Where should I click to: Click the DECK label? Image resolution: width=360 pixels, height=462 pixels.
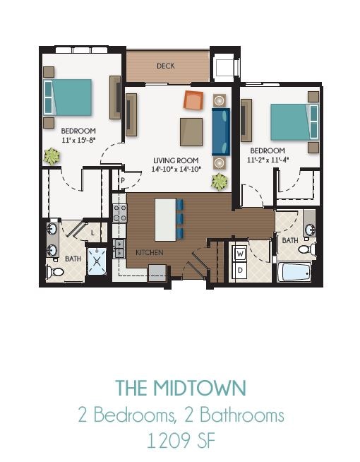tap(166, 66)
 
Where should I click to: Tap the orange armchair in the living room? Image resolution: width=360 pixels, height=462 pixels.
tap(193, 100)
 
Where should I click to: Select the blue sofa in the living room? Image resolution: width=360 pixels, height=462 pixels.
tap(221, 131)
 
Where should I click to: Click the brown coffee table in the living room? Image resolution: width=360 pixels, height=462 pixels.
tap(191, 131)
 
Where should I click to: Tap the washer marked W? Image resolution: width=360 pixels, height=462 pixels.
tap(240, 253)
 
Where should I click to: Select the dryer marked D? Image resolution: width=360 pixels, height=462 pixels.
tap(240, 270)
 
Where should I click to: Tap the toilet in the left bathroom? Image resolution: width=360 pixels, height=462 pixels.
tap(56, 271)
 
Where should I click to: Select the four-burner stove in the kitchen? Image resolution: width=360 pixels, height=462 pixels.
tap(119, 213)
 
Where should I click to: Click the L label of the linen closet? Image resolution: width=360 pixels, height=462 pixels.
tap(92, 231)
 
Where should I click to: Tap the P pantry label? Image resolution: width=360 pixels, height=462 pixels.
tap(121, 181)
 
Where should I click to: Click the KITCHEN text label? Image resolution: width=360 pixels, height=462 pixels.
tap(150, 252)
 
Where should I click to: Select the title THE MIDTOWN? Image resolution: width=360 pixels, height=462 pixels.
tap(181, 388)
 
